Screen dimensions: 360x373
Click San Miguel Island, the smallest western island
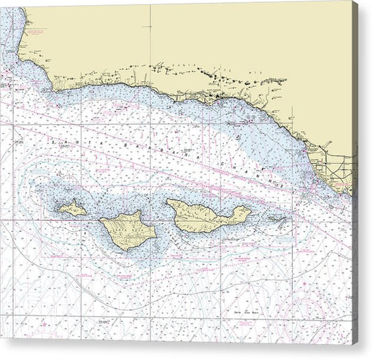[73, 208]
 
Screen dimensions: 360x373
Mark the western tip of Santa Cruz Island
[167, 205]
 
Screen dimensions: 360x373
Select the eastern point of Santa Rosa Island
[156, 228]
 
